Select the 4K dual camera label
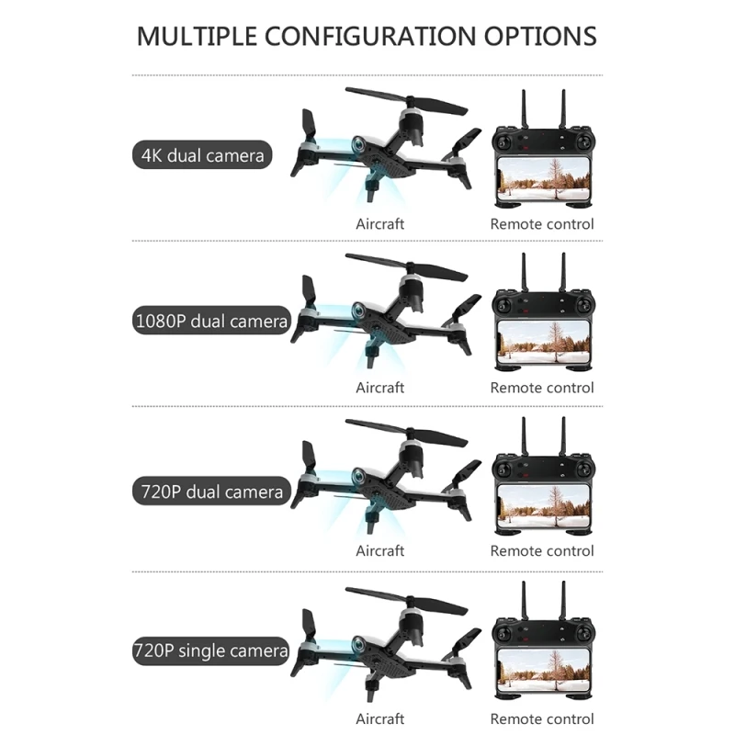pos(203,154)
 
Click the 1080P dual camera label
pos(209,322)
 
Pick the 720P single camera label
pos(210,651)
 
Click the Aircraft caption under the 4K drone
pos(380,223)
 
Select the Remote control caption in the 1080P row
pos(542,388)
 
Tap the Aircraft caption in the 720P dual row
pos(380,551)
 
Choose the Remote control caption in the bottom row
pos(542,718)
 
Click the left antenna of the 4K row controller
pos(523,107)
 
